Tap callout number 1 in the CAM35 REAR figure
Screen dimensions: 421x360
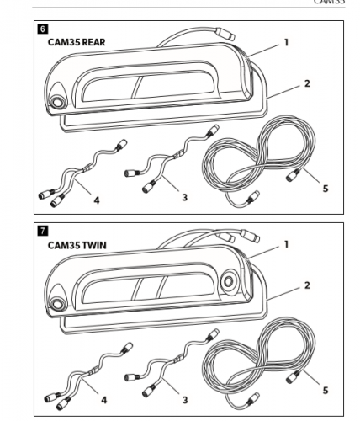click(287, 40)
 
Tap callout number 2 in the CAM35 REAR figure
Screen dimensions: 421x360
click(307, 83)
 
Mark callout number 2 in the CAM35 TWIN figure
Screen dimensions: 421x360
click(307, 285)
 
